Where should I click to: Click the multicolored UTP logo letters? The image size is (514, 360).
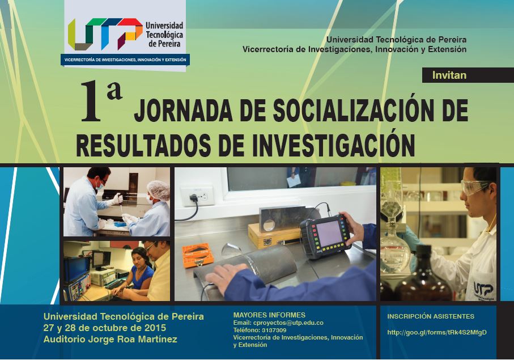pyautogui.click(x=105, y=34)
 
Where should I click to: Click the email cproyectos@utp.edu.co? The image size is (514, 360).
pyautogui.click(x=288, y=323)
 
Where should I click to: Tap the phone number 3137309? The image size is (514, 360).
pyautogui.click(x=274, y=330)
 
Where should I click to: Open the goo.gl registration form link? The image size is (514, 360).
pyautogui.click(x=436, y=332)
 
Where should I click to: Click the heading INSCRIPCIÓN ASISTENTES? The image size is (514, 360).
pyautogui.click(x=430, y=316)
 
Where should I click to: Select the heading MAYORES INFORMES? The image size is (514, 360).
pyautogui.click(x=269, y=315)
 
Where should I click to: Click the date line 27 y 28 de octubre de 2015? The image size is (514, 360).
pyautogui.click(x=105, y=328)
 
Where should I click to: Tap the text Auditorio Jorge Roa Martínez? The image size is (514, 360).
pyautogui.click(x=110, y=339)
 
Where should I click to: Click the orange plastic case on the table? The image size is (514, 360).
pyautogui.click(x=198, y=255)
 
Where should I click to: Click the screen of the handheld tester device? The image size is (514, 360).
pyautogui.click(x=329, y=233)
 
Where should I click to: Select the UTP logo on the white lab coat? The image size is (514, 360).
pyautogui.click(x=483, y=290)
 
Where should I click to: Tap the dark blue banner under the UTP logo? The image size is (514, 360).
pyautogui.click(x=125, y=60)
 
